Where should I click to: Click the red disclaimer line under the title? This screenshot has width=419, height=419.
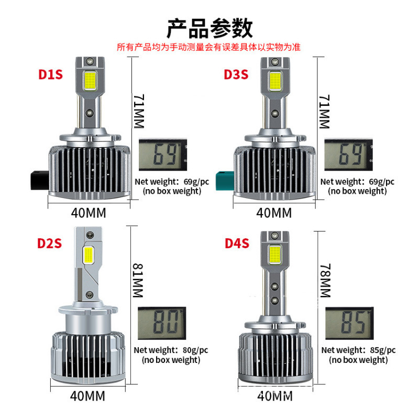pyautogui.click(x=209, y=47)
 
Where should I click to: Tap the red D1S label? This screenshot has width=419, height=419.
pyautogui.click(x=50, y=74)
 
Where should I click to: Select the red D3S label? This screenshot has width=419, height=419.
pyautogui.click(x=236, y=74)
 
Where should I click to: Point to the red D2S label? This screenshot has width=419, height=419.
pyautogui.click(x=50, y=243)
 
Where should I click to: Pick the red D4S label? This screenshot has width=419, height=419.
pyautogui.click(x=237, y=243)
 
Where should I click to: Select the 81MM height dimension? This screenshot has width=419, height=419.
pyautogui.click(x=138, y=274)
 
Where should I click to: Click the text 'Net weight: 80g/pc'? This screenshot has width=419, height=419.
pyautogui.click(x=171, y=350)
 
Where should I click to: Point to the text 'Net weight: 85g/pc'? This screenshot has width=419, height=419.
pyautogui.click(x=358, y=350)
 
